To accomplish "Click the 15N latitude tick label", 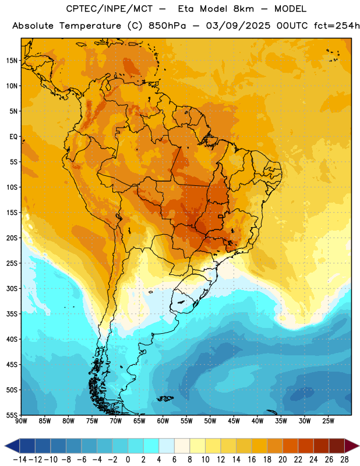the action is (x=12, y=61).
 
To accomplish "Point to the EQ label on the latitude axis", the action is (x=13, y=137).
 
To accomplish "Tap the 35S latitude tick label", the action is (x=12, y=314).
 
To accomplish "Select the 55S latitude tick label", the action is (x=12, y=415).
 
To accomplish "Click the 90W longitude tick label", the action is (x=21, y=421).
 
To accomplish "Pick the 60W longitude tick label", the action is (x=163, y=421).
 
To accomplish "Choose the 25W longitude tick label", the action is (x=328, y=421).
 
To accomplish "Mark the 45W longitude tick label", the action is (x=234, y=421).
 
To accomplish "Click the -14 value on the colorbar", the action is (x=20, y=460).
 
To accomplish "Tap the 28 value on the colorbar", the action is (x=344, y=460).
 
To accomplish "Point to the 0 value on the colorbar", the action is (x=128, y=460).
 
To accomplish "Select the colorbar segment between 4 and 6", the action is (x=167, y=446).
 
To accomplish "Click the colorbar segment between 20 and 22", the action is (x=290, y=446).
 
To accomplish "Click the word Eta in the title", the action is (x=185, y=9).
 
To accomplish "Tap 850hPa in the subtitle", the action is (x=167, y=26).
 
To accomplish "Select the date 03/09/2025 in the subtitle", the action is (x=238, y=26).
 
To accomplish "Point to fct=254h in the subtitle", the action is (x=337, y=26).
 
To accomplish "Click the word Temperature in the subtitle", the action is (x=90, y=26).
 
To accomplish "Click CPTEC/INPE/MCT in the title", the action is (x=110, y=9).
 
